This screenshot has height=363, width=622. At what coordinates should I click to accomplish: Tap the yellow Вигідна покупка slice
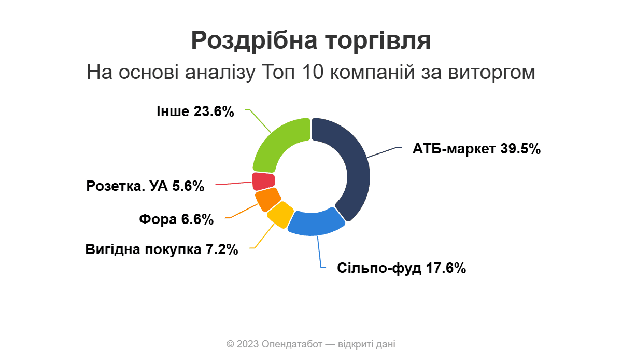pyautogui.click(x=280, y=215)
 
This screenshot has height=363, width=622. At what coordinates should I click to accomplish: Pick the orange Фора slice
pyautogui.click(x=267, y=200)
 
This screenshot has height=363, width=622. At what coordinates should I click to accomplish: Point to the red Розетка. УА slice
pyautogui.click(x=263, y=181)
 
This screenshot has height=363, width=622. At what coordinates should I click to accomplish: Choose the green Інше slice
pyautogui.click(x=280, y=145)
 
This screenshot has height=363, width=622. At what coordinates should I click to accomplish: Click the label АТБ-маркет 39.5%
pyautogui.click(x=476, y=149)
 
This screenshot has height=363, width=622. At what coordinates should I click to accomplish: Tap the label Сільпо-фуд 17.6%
pyautogui.click(x=402, y=268)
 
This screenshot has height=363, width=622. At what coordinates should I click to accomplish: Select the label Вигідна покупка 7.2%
pyautogui.click(x=162, y=249)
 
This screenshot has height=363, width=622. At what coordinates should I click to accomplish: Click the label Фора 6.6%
pyautogui.click(x=176, y=219)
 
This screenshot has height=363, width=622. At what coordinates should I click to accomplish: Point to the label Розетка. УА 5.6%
pyautogui.click(x=145, y=186)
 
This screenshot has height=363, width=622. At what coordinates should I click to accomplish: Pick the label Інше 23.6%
pyautogui.click(x=195, y=111)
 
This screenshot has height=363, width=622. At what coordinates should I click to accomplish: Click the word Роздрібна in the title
pyautogui.click(x=254, y=40)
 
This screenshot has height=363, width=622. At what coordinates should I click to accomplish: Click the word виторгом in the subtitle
pyautogui.click(x=491, y=72)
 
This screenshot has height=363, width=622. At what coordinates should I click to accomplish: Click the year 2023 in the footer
pyautogui.click(x=248, y=344)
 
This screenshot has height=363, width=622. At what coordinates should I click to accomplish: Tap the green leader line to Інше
pyautogui.click(x=258, y=121)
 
